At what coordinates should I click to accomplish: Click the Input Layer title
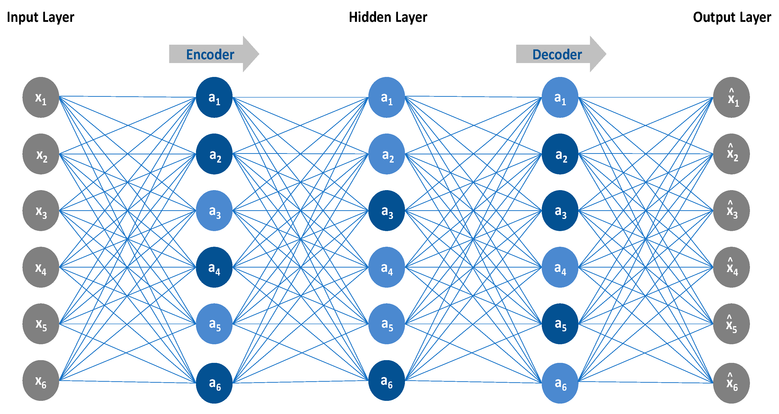click(x=40, y=17)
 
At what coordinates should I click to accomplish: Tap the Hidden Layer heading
click(x=388, y=17)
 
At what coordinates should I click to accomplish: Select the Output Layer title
click(x=732, y=17)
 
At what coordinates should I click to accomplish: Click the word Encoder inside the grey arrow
click(x=210, y=55)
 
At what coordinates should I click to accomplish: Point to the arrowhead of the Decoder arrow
click(x=598, y=54)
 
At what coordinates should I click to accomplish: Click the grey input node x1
click(x=40, y=97)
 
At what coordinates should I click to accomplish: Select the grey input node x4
click(x=40, y=267)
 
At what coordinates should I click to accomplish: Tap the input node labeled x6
click(x=40, y=380)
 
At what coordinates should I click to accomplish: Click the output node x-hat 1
click(x=731, y=97)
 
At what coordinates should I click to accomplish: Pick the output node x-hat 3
click(x=731, y=211)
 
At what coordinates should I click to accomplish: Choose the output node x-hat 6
click(x=731, y=383)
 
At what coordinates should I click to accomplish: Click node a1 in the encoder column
click(x=214, y=97)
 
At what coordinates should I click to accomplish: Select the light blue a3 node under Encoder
click(x=214, y=211)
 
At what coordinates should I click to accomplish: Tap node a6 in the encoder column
click(x=214, y=383)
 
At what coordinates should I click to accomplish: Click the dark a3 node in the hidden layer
click(x=387, y=211)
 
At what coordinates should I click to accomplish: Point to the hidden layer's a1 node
click(x=387, y=97)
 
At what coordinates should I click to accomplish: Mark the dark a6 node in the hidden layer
click(x=387, y=380)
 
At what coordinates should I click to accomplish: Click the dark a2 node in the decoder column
click(x=560, y=154)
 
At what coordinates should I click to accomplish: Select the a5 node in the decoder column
click(x=560, y=324)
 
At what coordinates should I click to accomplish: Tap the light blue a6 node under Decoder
click(x=560, y=383)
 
